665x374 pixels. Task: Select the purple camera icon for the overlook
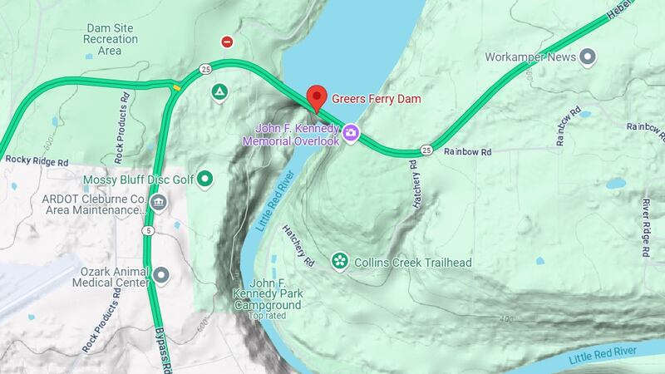pyautogui.click(x=352, y=133)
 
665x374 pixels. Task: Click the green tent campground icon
pyautogui.click(x=219, y=91)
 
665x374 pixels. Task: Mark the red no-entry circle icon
pyautogui.click(x=226, y=41)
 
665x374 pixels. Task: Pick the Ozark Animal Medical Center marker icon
pyautogui.click(x=160, y=274)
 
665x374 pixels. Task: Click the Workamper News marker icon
pyautogui.click(x=589, y=57)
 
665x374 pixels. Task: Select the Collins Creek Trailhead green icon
pyautogui.click(x=339, y=262)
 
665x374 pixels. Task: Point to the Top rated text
pyautogui.click(x=267, y=315)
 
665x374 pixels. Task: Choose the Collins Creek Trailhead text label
pyautogui.click(x=412, y=263)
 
